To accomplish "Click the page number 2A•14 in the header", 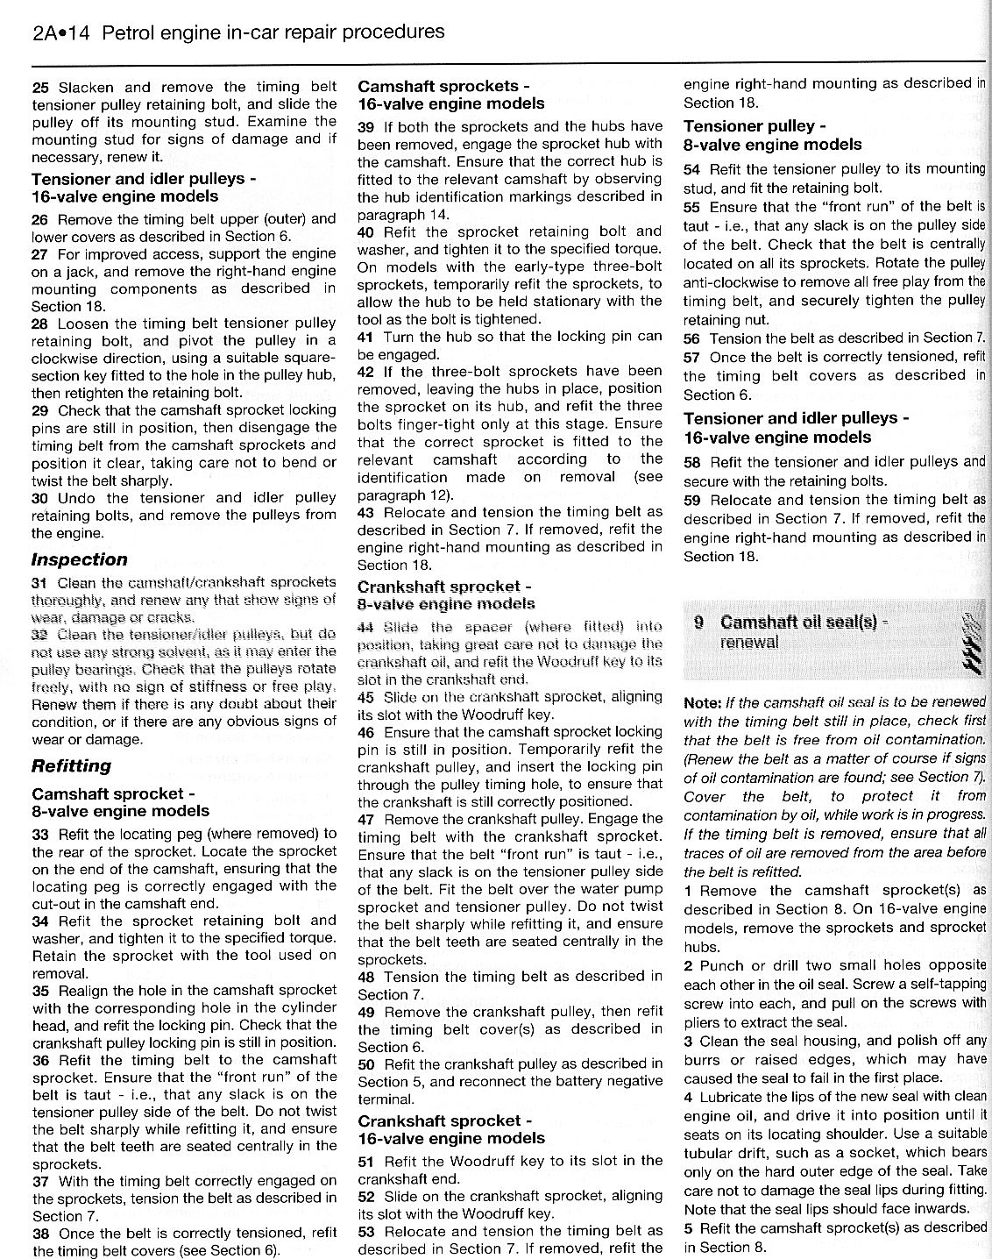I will [x=61, y=33].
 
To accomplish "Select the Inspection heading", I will [x=79, y=559].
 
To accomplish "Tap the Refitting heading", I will [x=71, y=765].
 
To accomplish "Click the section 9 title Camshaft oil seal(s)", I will [x=803, y=622].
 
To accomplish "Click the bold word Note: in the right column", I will [x=703, y=702].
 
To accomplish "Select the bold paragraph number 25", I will [x=40, y=87].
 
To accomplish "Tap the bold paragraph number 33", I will [x=40, y=834].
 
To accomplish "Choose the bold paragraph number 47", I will [x=366, y=819].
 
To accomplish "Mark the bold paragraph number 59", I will [x=691, y=500].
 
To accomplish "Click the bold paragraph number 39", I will [x=366, y=126].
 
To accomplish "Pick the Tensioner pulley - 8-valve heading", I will [x=772, y=135].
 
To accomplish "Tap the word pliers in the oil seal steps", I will [x=704, y=1022].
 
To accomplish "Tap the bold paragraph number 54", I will [x=691, y=168].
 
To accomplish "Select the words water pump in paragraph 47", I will [x=636, y=889].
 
